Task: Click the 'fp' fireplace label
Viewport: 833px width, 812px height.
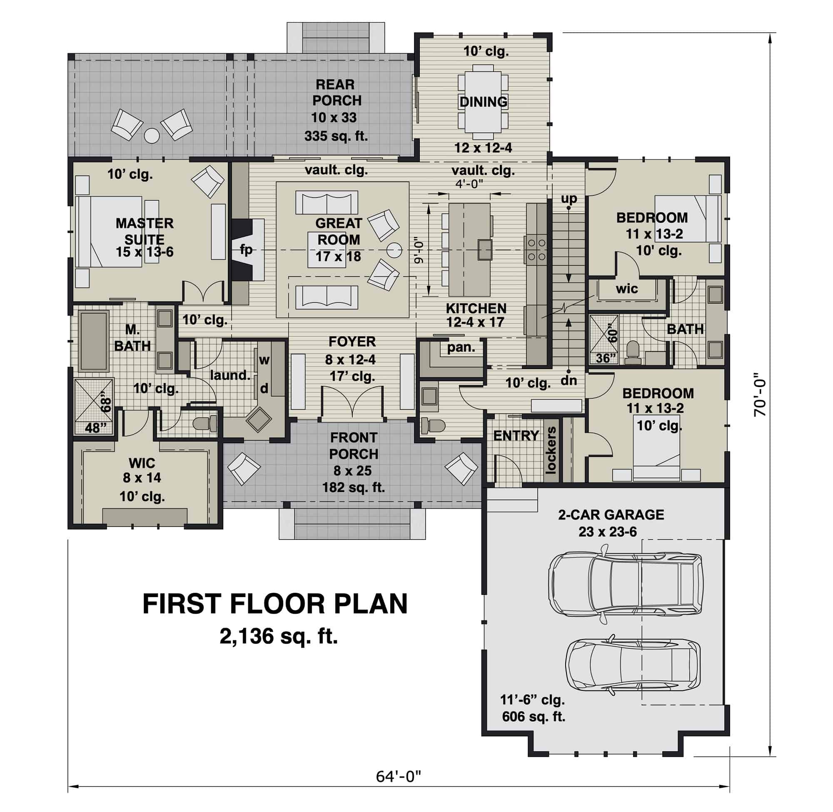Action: click(x=246, y=250)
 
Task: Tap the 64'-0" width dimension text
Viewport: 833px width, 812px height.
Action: click(x=398, y=776)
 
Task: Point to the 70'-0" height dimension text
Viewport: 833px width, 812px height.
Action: click(x=759, y=395)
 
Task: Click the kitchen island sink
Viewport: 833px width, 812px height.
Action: click(x=485, y=250)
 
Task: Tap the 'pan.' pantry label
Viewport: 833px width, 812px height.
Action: click(x=461, y=347)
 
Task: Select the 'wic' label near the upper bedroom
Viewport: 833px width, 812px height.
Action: click(x=626, y=289)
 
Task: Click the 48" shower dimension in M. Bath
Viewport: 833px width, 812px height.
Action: click(x=95, y=427)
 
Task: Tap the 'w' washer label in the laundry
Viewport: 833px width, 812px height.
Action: click(x=264, y=360)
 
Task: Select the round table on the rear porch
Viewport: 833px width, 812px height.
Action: click(x=151, y=136)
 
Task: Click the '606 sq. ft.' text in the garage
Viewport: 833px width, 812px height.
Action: click(x=533, y=717)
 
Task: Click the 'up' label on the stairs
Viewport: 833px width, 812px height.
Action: click(x=569, y=199)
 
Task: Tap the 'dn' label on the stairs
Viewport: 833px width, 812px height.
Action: click(x=569, y=380)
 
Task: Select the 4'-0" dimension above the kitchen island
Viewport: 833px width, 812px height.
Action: click(x=469, y=184)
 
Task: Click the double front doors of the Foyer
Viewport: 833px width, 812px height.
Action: click(x=352, y=402)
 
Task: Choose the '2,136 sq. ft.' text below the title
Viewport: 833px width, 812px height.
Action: click(x=278, y=636)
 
